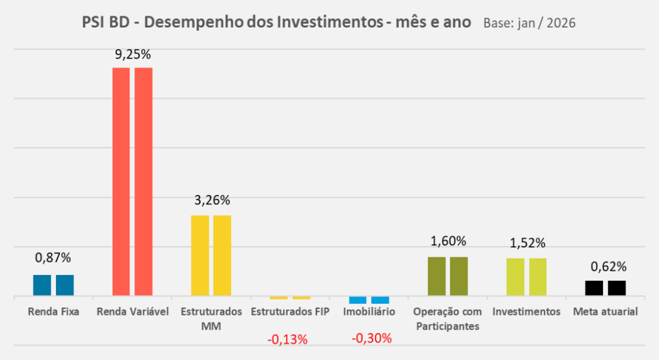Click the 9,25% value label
click(133, 55)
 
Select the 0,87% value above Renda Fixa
click(53, 258)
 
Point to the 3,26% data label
click(212, 200)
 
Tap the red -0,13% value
click(288, 339)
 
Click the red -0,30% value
click(371, 337)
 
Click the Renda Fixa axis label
click(53, 312)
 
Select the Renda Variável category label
click(133, 312)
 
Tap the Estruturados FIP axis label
click(290, 312)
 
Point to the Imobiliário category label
click(369, 312)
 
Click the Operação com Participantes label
click(448, 319)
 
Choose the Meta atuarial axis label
click(606, 312)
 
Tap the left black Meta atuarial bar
click(594, 289)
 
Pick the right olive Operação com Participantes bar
click(459, 276)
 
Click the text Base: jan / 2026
click(528, 24)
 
